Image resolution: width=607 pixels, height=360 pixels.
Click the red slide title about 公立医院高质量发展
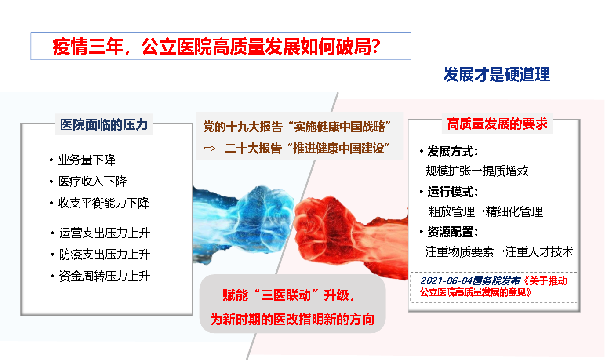click(x=217, y=47)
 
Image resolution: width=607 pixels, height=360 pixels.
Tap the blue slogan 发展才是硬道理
click(x=497, y=75)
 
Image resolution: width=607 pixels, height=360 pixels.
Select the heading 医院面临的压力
click(x=104, y=124)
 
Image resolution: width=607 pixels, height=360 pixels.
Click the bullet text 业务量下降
click(x=87, y=160)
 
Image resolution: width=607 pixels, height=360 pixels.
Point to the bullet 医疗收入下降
click(x=92, y=182)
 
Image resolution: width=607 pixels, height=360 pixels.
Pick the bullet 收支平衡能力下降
click(x=104, y=203)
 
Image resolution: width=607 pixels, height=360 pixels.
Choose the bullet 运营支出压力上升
click(x=104, y=233)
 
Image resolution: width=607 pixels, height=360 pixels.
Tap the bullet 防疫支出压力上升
click(x=104, y=255)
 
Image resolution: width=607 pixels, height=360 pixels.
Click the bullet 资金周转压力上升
click(x=104, y=276)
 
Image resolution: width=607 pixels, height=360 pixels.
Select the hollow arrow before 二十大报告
click(x=210, y=148)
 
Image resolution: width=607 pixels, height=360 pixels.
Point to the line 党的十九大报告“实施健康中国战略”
click(x=297, y=127)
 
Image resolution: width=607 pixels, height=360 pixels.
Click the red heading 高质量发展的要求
click(x=497, y=124)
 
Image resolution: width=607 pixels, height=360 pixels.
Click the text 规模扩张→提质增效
click(x=477, y=171)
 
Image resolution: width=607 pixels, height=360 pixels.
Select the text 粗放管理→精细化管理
click(x=486, y=212)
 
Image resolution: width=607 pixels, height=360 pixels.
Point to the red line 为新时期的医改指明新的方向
click(x=292, y=319)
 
